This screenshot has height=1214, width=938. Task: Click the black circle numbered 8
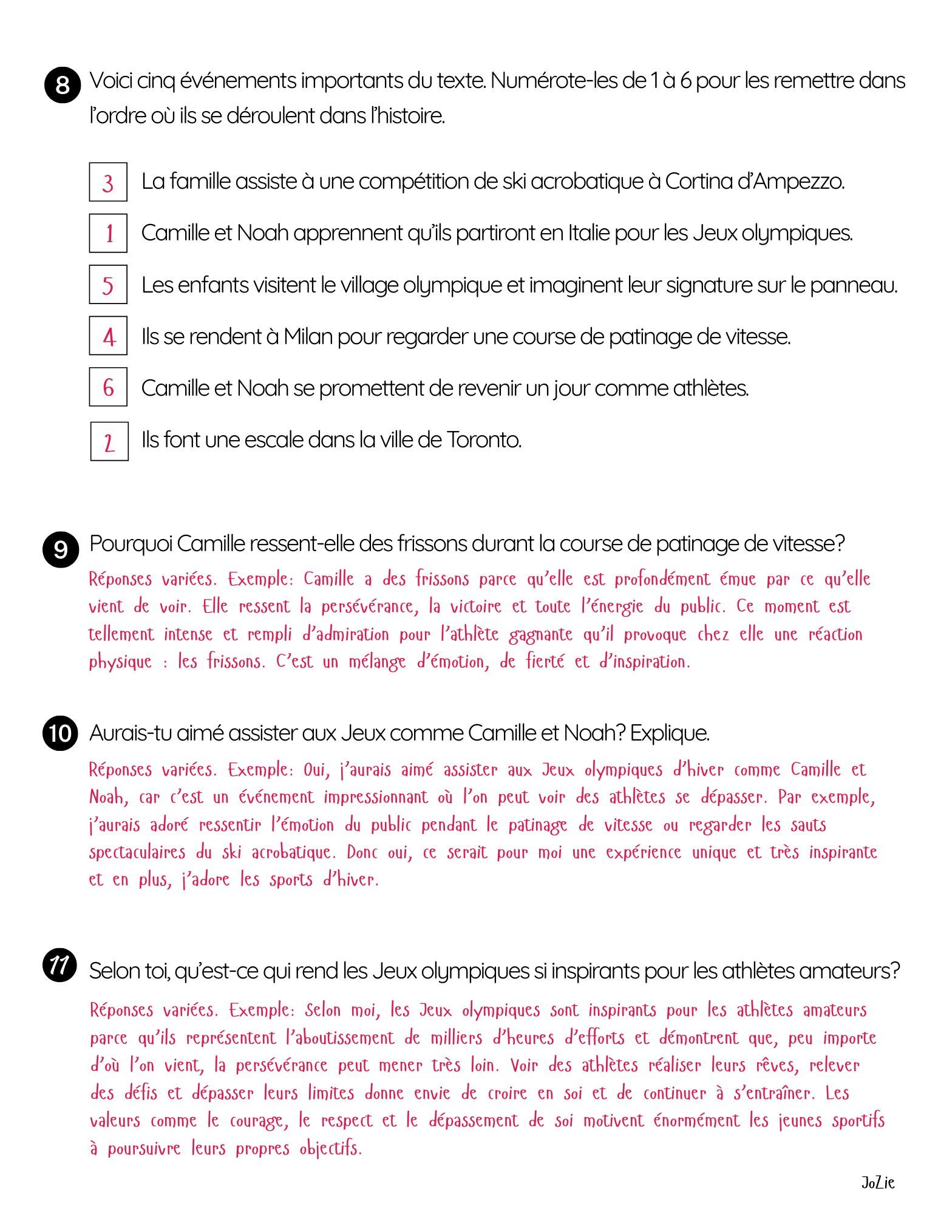pos(62,85)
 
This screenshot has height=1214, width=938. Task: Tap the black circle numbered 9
pos(61,549)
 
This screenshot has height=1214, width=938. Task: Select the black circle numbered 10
pos(60,733)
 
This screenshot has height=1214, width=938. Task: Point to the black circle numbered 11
pos(59,965)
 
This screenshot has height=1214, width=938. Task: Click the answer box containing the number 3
pos(108,182)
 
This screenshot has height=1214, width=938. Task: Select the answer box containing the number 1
pos(108,233)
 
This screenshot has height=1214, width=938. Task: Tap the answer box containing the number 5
pos(108,285)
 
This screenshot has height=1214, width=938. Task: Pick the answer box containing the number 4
pos(108,336)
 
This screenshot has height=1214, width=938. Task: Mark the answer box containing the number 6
pos(108,387)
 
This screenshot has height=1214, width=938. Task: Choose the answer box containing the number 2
pos(109,441)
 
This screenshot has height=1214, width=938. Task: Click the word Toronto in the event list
pos(483,439)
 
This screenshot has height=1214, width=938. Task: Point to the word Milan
pos(308,336)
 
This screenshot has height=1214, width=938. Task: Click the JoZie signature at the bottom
pos(878,1182)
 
